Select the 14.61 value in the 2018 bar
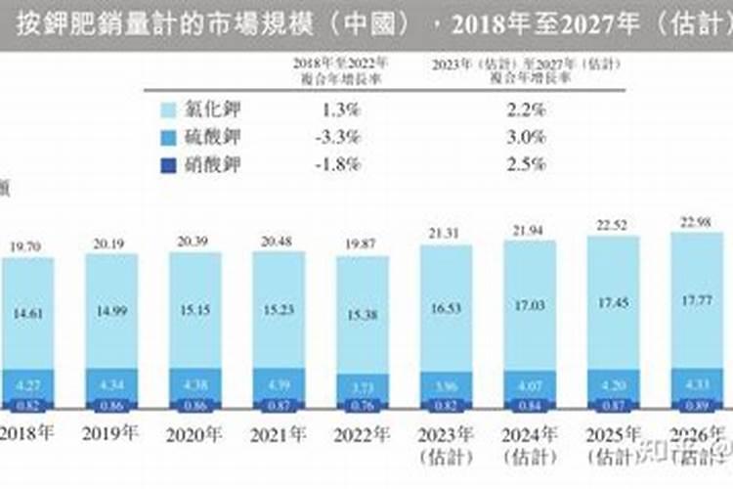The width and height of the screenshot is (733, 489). (x=25, y=313)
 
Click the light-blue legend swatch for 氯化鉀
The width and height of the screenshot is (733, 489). (x=167, y=110)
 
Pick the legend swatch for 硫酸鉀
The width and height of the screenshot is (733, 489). (x=167, y=137)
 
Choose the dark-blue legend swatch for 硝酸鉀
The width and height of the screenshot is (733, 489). (x=167, y=164)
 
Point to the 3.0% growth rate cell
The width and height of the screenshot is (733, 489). (x=527, y=137)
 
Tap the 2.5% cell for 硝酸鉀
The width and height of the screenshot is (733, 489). (x=527, y=164)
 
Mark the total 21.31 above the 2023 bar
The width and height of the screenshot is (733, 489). (x=445, y=232)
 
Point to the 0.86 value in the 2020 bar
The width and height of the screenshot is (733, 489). (x=194, y=405)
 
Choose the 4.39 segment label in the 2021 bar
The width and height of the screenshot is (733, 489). (x=278, y=384)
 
